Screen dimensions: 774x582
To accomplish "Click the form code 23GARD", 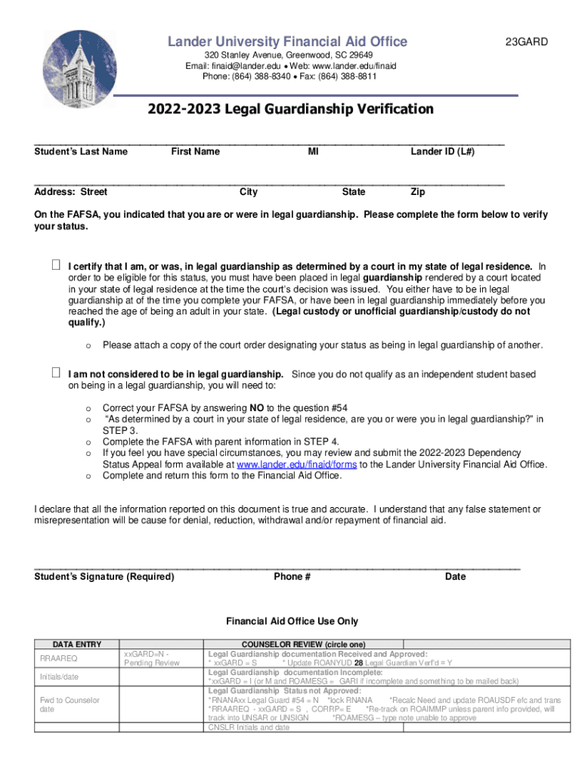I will click(527, 42).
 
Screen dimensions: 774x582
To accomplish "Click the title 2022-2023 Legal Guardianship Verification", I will click(290, 110).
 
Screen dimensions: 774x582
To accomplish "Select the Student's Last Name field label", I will click(81, 152).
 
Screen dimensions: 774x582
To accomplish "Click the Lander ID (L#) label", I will click(442, 152).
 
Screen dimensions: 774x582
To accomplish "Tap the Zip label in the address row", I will click(417, 192).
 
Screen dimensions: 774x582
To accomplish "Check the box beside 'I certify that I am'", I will click(56, 266).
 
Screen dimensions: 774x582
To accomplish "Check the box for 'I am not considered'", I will click(56, 373).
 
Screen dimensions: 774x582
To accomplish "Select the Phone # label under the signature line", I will click(292, 577).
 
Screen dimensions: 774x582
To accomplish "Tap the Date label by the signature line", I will click(455, 577).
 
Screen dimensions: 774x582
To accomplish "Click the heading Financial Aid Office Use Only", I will click(292, 621).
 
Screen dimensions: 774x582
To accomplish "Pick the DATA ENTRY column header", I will click(72, 644).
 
